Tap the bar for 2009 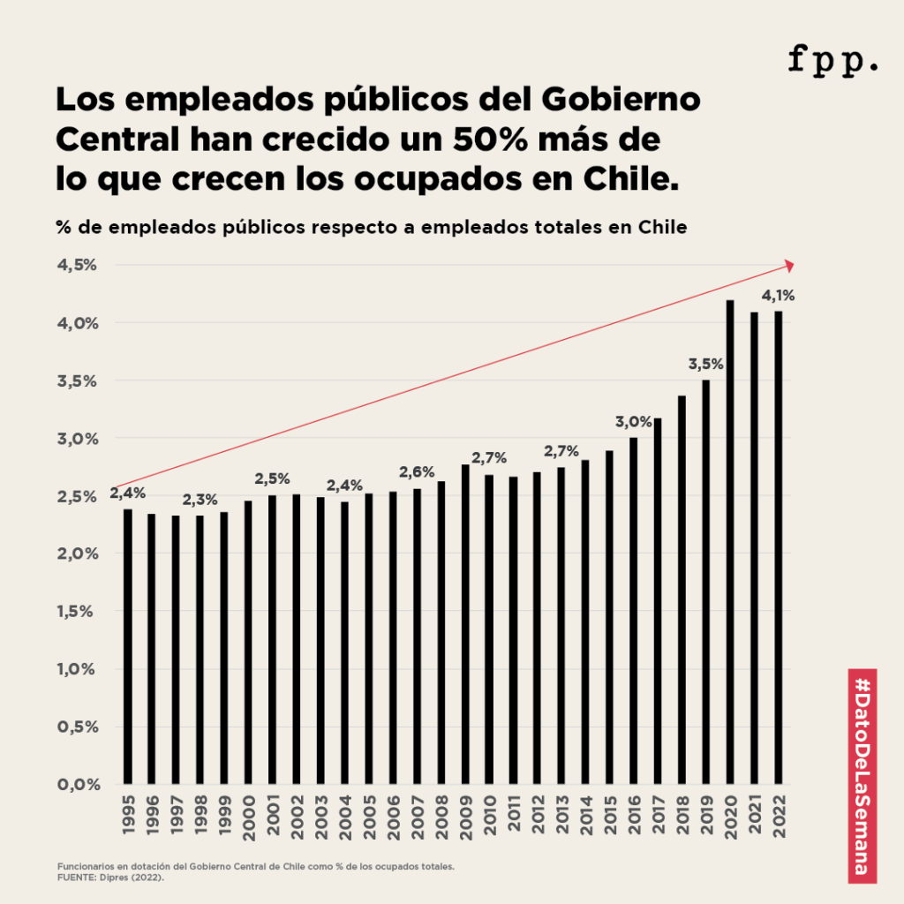pyautogui.click(x=465, y=623)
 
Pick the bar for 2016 pyautogui.click(x=633, y=610)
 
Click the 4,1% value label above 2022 pyautogui.click(x=778, y=296)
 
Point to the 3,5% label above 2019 pyautogui.click(x=705, y=364)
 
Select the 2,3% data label pyautogui.click(x=200, y=500)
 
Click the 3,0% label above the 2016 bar pyautogui.click(x=633, y=421)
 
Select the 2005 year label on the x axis pyautogui.click(x=369, y=819)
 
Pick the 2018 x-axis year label pyautogui.click(x=682, y=819)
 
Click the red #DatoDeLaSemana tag pyautogui.click(x=862, y=775)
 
